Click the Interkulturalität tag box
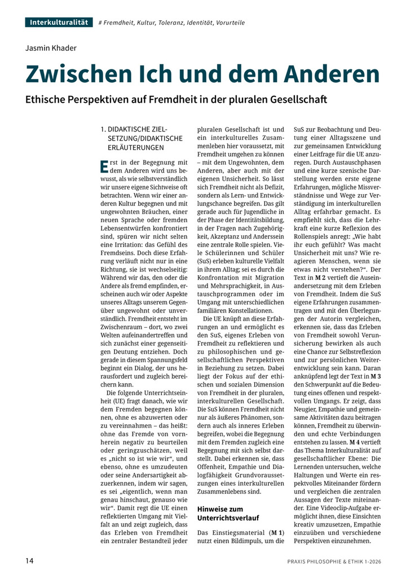click(x=59, y=22)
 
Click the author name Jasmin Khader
click(x=51, y=48)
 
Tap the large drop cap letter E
click(x=104, y=166)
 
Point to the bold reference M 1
click(x=277, y=533)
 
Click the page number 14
click(x=29, y=560)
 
